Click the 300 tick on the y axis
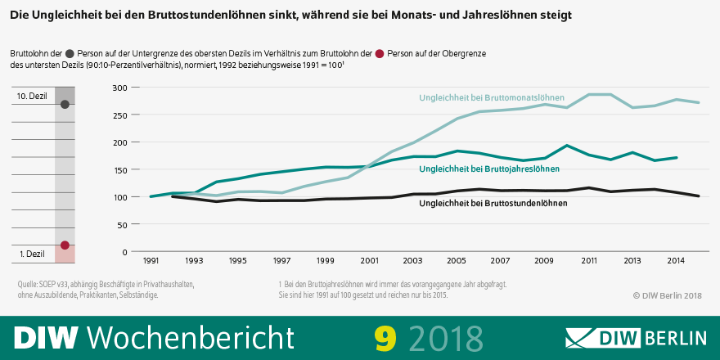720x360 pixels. [x=119, y=88]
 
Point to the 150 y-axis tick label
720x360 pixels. [x=119, y=169]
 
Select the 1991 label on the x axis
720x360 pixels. [x=151, y=261]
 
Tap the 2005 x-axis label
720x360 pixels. [x=456, y=261]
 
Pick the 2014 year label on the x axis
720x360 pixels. [x=676, y=261]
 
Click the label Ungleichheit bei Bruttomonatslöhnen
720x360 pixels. [x=492, y=98]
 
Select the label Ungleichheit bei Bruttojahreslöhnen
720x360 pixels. [x=488, y=169]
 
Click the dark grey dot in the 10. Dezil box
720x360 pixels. [x=65, y=105]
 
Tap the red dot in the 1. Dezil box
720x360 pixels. [x=65, y=245]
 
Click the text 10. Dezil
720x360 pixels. [x=33, y=97]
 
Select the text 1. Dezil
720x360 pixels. [x=34, y=254]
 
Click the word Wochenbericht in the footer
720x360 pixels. [x=190, y=336]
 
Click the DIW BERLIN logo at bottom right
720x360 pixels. [x=636, y=337]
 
